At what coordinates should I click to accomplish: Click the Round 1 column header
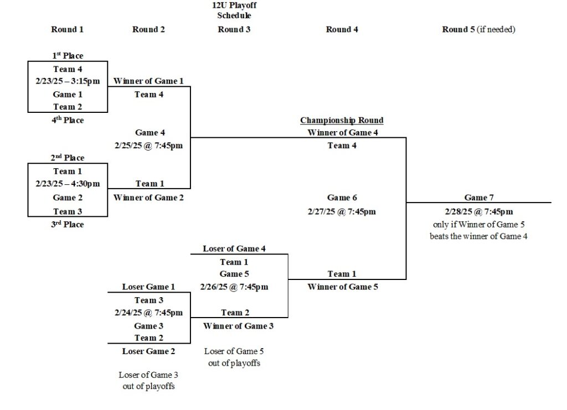point(67,29)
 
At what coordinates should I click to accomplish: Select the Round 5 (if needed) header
point(478,29)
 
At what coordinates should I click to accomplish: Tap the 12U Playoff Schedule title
point(234,11)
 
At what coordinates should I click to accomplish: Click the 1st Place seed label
point(68,55)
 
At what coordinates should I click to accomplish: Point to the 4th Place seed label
point(68,120)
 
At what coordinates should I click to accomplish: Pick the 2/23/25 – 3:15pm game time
point(68,81)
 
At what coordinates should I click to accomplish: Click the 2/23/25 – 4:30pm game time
point(68,184)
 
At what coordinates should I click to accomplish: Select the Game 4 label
point(150,133)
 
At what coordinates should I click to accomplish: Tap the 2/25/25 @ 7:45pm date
point(149,146)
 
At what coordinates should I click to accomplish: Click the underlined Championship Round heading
point(342,120)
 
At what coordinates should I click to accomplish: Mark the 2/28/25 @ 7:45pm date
point(478,211)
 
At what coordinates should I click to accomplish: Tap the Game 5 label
point(234,274)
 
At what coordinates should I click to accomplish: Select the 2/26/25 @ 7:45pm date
point(234,287)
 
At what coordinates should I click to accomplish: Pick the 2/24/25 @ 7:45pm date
point(148,313)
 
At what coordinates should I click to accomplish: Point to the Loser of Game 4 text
point(234,248)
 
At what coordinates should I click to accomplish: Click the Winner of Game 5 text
point(343,287)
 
